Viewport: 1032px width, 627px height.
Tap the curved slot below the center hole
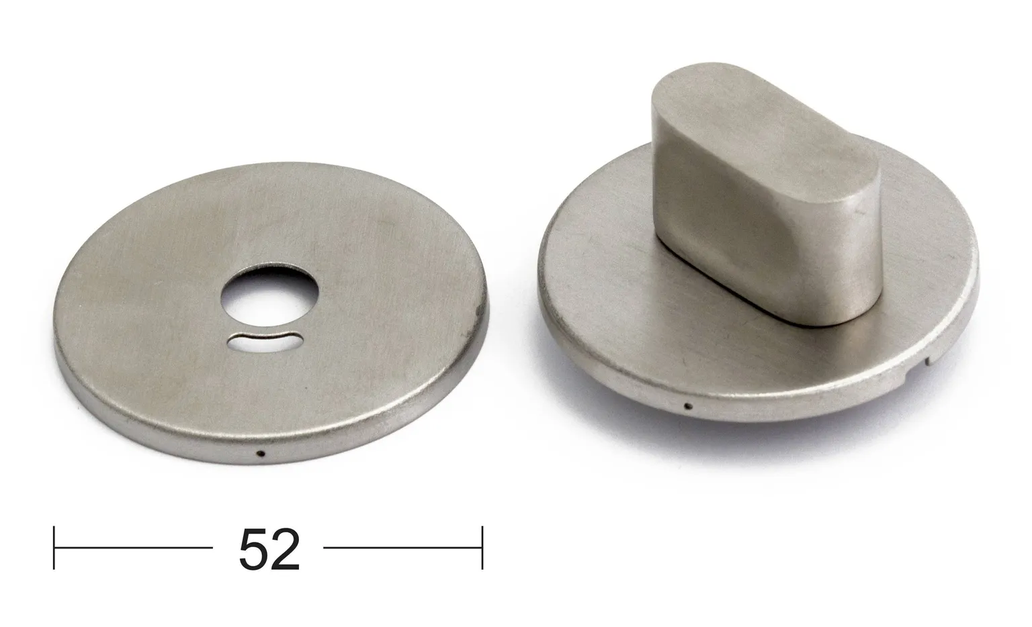(x=266, y=342)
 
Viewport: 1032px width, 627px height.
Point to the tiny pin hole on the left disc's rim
(x=262, y=453)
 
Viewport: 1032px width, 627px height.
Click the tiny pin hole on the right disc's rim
(x=688, y=406)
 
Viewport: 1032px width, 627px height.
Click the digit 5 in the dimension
(x=253, y=549)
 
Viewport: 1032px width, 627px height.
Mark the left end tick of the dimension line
(x=54, y=548)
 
